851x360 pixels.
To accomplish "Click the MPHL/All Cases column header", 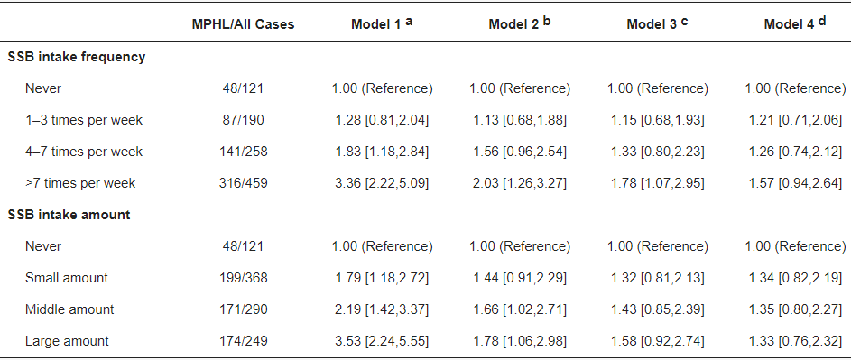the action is click(243, 25).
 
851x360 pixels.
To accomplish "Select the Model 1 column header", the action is click(382, 23).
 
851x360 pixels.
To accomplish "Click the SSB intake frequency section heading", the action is click(77, 57).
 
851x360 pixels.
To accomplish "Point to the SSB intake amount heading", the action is click(69, 215).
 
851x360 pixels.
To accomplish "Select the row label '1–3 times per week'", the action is click(84, 120).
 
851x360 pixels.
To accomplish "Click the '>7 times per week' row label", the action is click(80, 183).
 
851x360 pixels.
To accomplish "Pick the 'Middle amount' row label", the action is click(69, 309).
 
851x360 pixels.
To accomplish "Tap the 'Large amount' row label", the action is click(67, 341).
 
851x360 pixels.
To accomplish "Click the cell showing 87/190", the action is click(243, 120).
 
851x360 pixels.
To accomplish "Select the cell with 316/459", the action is click(243, 183).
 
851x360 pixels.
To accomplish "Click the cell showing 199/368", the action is click(243, 278).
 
